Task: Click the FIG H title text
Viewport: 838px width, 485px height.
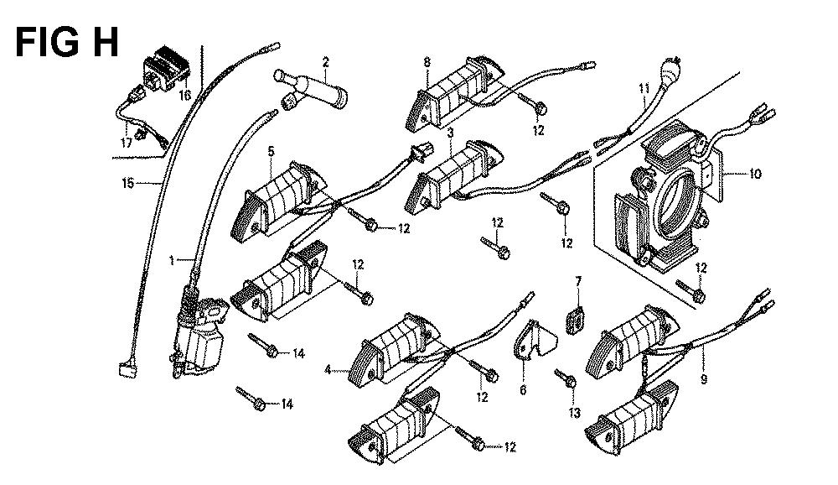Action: click(x=67, y=43)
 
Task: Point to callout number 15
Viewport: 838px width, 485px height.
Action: click(x=128, y=182)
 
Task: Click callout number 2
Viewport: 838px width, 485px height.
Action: click(x=325, y=60)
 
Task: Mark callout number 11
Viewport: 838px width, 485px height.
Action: click(x=644, y=88)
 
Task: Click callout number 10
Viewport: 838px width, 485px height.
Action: click(x=755, y=175)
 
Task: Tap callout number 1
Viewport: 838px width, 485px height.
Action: click(x=172, y=261)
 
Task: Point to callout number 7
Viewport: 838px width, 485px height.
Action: click(x=577, y=279)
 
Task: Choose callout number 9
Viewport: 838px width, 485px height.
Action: click(x=703, y=379)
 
